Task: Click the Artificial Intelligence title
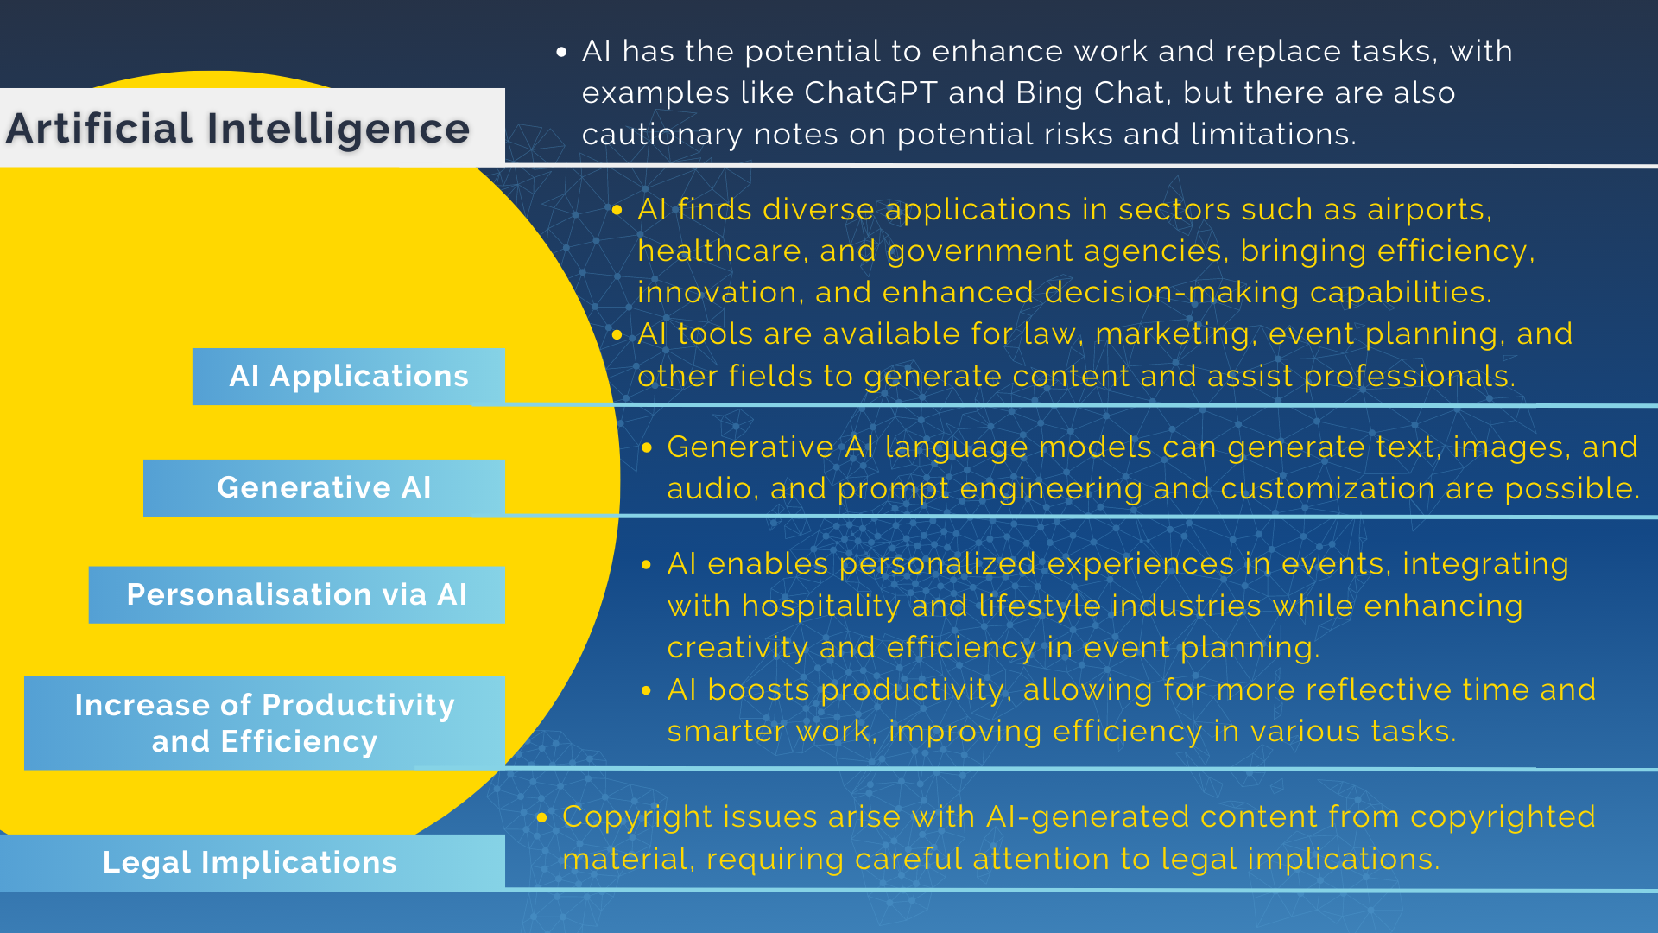tap(238, 129)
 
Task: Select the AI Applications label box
tap(349, 377)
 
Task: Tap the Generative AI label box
tap(324, 488)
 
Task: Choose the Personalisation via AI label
tap(297, 595)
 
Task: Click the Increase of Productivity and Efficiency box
tap(264, 723)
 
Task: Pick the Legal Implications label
tap(250, 862)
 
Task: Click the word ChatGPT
tap(870, 93)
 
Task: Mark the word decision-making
tap(1171, 293)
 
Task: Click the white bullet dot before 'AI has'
tap(562, 53)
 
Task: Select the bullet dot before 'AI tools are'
tap(617, 335)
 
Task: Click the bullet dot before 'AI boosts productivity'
tap(647, 691)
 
